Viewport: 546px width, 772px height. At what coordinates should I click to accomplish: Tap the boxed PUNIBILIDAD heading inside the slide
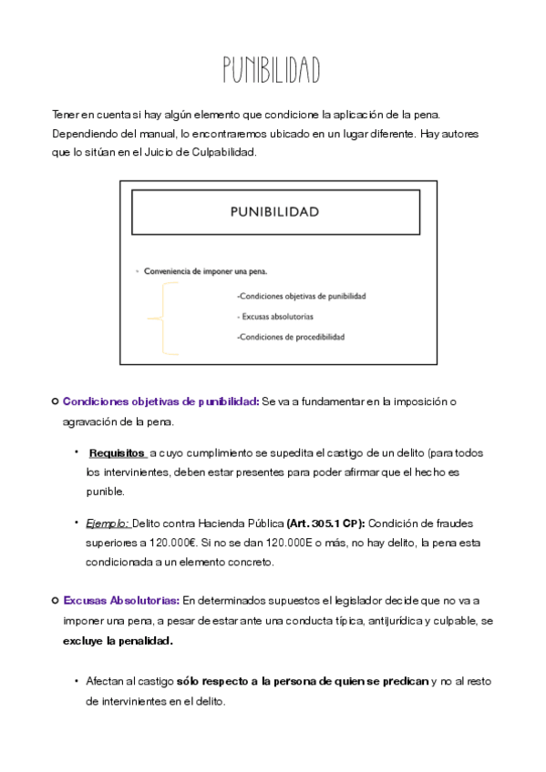273,212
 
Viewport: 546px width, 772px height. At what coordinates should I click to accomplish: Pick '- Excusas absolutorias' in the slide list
274,316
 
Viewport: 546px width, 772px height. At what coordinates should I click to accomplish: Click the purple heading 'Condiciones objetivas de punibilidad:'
160,401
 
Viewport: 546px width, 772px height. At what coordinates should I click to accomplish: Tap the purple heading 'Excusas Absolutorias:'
121,600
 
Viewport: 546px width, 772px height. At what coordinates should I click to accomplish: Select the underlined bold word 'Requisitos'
117,452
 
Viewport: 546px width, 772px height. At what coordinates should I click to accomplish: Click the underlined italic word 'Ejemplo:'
108,523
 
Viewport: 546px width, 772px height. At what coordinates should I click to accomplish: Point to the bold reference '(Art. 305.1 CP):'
325,523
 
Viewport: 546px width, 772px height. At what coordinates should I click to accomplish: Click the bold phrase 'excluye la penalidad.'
118,640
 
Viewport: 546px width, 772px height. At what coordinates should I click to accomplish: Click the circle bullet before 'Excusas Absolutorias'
56,600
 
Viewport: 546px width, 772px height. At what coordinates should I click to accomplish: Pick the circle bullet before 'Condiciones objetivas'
56,401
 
